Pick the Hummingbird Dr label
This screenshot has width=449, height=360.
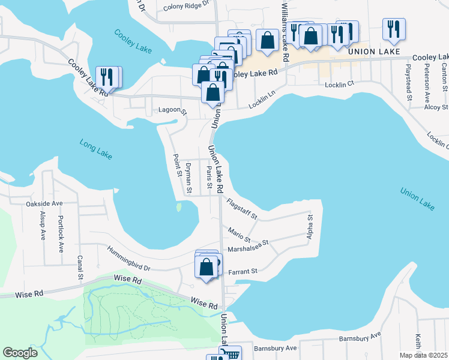click(x=128, y=257)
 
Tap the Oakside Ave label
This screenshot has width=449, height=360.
click(x=44, y=203)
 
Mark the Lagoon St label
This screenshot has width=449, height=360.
click(x=173, y=111)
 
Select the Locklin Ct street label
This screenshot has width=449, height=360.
click(x=340, y=85)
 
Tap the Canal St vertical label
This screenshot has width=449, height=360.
click(x=79, y=268)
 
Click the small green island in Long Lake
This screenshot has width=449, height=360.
click(x=178, y=208)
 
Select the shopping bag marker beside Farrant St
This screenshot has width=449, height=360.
click(x=206, y=266)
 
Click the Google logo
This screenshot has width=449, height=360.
click(x=20, y=353)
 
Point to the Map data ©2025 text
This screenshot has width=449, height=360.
click(x=424, y=355)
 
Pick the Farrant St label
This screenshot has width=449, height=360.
click(x=243, y=271)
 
